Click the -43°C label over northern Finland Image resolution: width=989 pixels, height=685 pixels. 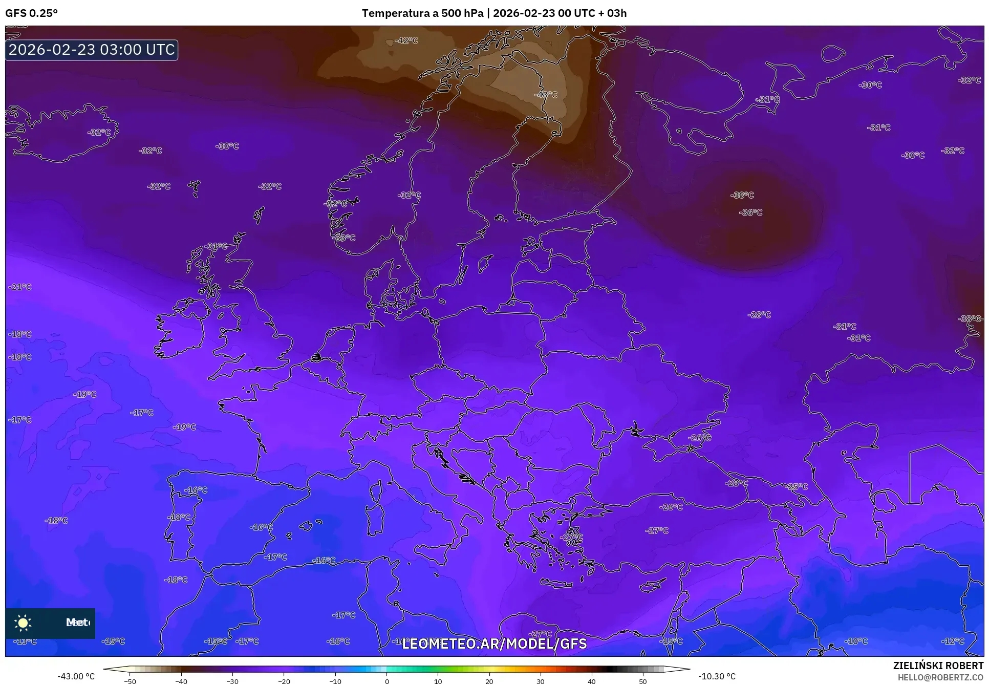click(546, 95)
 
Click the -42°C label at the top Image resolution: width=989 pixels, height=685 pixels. click(406, 40)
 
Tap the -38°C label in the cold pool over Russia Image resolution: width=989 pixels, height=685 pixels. click(742, 195)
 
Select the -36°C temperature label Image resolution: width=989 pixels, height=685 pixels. click(750, 212)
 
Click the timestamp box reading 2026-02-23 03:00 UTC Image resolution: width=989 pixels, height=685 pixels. click(92, 50)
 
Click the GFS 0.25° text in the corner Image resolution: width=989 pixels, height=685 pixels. click(31, 13)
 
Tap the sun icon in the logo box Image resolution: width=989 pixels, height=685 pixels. click(23, 623)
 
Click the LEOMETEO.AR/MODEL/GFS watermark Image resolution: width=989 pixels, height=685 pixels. click(494, 644)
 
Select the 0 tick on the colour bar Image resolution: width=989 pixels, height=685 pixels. click(386, 681)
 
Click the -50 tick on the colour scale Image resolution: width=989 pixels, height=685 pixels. click(130, 681)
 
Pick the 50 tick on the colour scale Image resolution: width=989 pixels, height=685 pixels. click(643, 681)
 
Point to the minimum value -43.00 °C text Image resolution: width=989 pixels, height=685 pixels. click(76, 676)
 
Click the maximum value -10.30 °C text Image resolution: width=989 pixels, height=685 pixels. click(717, 676)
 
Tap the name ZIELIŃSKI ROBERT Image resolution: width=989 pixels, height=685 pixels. click(938, 666)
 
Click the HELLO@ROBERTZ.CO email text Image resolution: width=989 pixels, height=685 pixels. click(940, 677)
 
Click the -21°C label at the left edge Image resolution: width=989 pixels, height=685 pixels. click(20, 287)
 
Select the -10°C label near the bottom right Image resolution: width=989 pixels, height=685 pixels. click(856, 641)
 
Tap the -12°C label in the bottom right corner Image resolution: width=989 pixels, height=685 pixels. click(953, 641)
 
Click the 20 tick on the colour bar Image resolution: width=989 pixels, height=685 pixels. click(489, 681)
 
